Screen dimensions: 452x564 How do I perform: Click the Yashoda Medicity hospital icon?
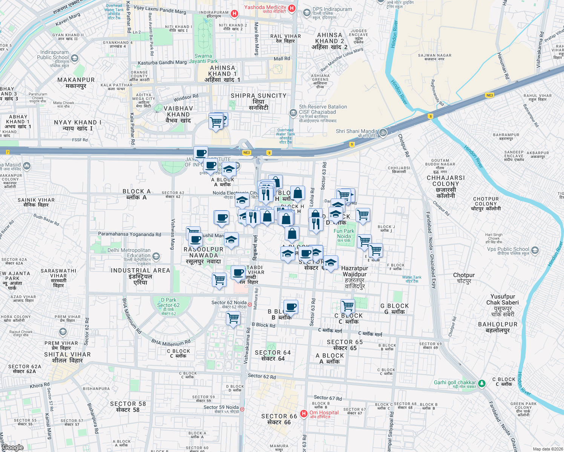tap(291, 8)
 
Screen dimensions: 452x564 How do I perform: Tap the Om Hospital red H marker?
tap(304, 414)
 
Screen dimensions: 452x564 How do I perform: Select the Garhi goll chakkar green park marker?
tap(481, 384)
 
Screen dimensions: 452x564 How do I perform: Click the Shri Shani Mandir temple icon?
tap(383, 132)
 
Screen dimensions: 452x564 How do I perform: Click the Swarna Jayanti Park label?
tap(203, 58)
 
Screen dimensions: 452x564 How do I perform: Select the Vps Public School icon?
tap(535, 250)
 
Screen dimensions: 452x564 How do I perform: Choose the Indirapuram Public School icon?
tap(75, 58)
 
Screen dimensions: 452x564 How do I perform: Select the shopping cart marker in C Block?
tap(348, 306)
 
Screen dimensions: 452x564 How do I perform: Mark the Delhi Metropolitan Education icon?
tap(156, 257)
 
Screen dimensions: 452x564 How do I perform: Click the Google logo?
tap(13, 447)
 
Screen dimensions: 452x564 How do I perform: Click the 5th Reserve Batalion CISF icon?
tap(293, 113)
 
